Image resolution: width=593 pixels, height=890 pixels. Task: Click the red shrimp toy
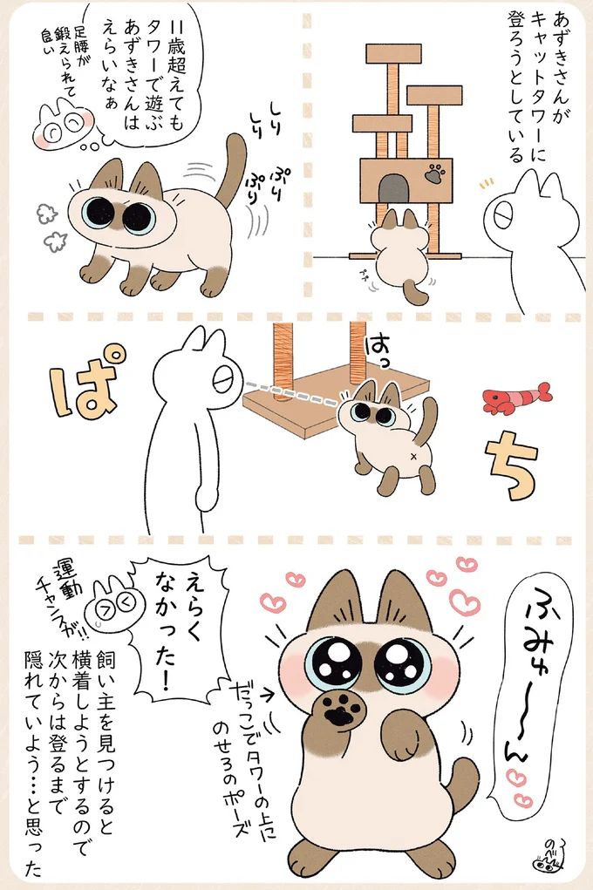515,396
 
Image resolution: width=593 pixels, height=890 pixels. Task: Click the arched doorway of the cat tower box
394,187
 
